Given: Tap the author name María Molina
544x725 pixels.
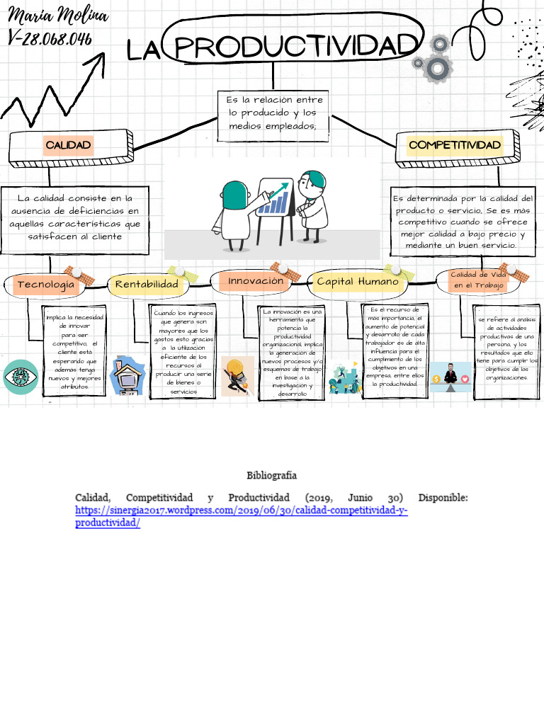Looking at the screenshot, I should click(59, 16).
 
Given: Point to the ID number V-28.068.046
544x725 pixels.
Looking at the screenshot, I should click(50, 38).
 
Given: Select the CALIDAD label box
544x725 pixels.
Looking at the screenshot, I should click(68, 145).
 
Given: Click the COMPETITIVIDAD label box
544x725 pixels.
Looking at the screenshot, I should click(455, 145).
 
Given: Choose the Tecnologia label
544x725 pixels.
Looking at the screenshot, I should click(46, 285).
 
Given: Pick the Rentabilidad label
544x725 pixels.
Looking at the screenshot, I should click(147, 284).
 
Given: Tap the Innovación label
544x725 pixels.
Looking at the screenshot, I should click(256, 281).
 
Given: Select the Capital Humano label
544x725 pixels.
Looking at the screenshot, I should click(358, 282).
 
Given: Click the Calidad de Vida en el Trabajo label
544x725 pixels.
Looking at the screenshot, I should click(479, 280).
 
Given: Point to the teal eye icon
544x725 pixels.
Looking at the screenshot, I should click(21, 377).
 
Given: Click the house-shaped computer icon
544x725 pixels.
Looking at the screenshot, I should click(128, 376).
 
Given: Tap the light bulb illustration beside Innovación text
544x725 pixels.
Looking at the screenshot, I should click(237, 375).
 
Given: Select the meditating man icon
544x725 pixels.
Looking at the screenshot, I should click(450, 376).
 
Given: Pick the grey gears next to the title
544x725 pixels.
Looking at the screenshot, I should click(433, 60).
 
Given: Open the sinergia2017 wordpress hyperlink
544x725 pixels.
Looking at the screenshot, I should click(241, 510).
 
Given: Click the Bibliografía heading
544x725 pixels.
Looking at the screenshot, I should click(271, 475).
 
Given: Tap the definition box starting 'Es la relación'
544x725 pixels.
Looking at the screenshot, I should click(273, 114).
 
